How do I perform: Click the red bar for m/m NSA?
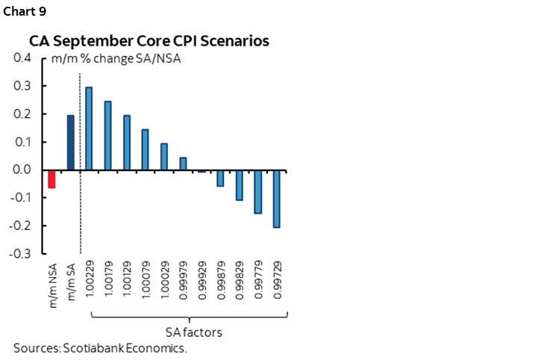tap(52, 179)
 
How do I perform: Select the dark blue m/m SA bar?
tap(71, 143)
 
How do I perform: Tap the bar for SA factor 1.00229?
tap(90, 128)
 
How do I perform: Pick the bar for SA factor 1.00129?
tap(127, 143)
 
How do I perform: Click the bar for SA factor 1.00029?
tap(164, 157)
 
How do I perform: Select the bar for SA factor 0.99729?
tap(277, 199)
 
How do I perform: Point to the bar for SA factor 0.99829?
tap(240, 185)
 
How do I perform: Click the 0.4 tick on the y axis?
tap(22, 58)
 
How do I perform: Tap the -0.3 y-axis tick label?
tap(20, 254)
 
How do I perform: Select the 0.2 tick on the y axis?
tap(22, 114)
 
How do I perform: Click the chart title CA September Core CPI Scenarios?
tap(149, 41)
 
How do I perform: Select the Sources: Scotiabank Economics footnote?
tap(99, 348)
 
